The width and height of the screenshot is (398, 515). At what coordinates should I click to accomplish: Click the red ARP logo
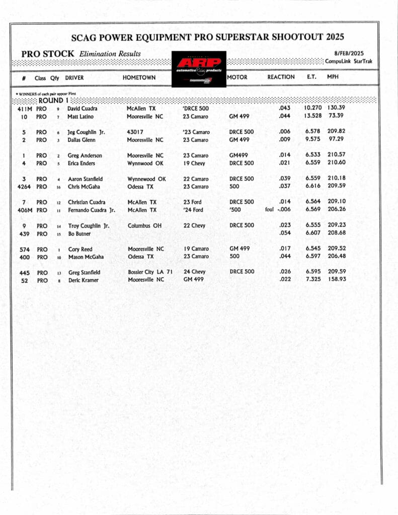coord(198,63)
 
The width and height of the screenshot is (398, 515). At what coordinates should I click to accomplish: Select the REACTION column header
coord(281,77)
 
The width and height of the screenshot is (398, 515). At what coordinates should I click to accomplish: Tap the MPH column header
coord(333,77)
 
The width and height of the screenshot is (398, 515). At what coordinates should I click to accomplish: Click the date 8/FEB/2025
coord(349,53)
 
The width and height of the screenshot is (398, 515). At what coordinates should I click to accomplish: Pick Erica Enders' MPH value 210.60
coord(336,163)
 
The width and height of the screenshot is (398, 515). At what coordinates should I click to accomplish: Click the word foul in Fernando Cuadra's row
coord(269,210)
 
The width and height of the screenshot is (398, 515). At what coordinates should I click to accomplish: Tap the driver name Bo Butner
coord(79,234)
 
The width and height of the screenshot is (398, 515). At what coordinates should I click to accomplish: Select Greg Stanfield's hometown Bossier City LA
coord(150,272)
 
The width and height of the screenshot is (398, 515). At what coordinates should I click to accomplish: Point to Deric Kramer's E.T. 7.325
coord(312,280)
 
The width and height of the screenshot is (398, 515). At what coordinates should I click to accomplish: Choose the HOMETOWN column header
coord(139,77)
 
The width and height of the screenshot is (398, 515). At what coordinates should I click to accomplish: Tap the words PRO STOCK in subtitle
coord(48,53)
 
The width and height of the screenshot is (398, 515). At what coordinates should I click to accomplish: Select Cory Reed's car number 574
coord(24,249)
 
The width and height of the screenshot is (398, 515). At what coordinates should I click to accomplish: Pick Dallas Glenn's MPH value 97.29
coord(336,140)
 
